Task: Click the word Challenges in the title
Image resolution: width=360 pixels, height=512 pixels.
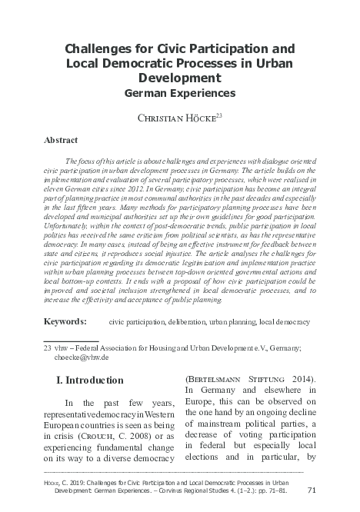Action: pyautogui.click(x=90, y=49)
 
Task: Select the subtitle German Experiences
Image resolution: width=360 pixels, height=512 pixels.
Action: pyautogui.click(x=180, y=93)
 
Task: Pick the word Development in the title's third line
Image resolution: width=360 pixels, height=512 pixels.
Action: pyautogui.click(x=180, y=78)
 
